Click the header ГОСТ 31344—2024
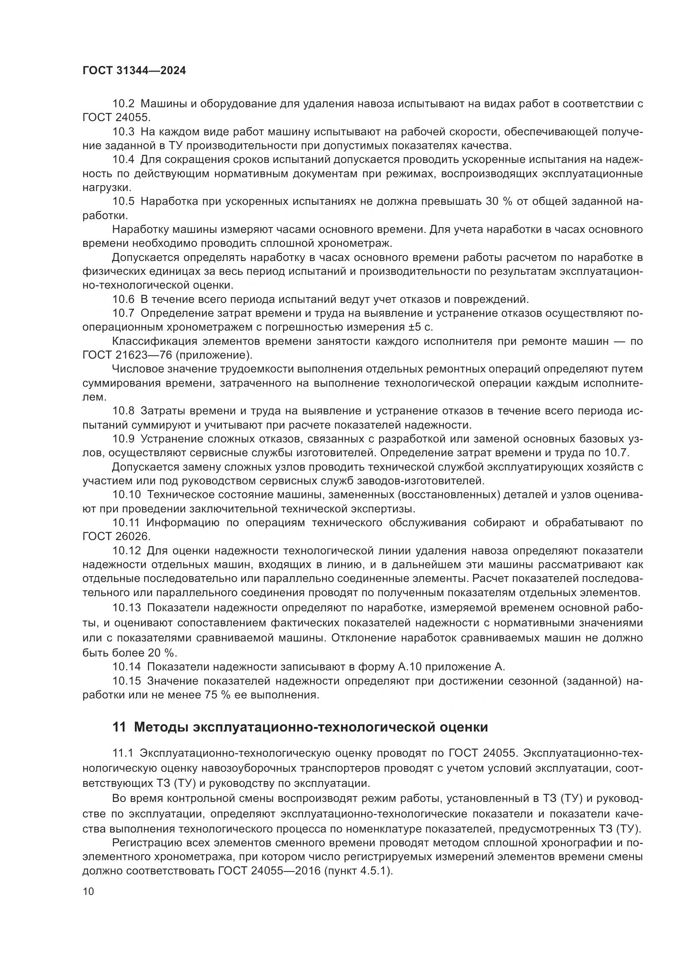134,71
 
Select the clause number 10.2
123,104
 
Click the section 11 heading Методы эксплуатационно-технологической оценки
300,727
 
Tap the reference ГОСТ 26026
116,537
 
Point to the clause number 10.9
123,439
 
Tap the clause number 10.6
123,299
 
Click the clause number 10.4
123,160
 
